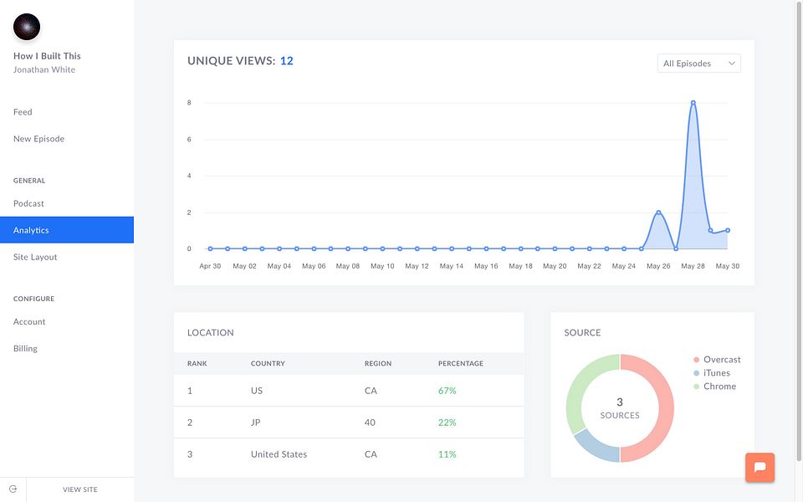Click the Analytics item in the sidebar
pos(67,230)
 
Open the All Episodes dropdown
pos(698,63)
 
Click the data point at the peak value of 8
pos(693,103)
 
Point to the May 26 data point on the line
pos(658,213)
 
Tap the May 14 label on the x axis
pos(451,266)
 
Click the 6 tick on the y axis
pos(189,140)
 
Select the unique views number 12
pos(287,61)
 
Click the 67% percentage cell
pos(447,391)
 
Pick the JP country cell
pos(256,423)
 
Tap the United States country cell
pos(279,454)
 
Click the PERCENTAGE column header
pos(460,363)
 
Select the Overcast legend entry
pos(717,360)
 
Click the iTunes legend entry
pos(712,373)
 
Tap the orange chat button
pos(760,467)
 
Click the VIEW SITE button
pos(80,489)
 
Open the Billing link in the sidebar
pos(26,348)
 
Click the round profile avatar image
pos(27,27)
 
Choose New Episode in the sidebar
pos(39,139)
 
